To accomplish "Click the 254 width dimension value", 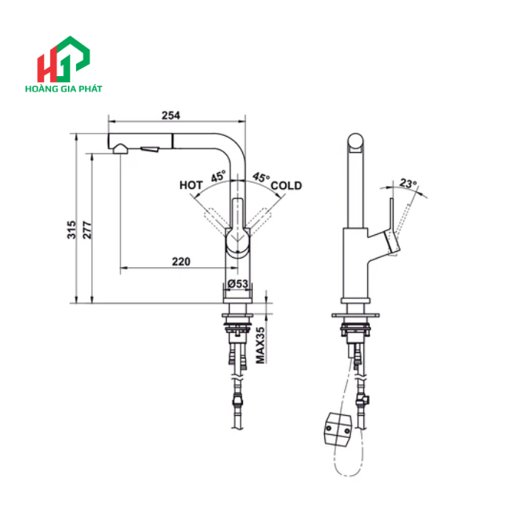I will (171, 114).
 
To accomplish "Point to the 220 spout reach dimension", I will (181, 261).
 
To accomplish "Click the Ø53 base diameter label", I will (237, 284).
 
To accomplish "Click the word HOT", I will (191, 185).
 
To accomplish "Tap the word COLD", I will (286, 185).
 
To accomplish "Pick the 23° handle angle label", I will (408, 182).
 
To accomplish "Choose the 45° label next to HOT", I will (218, 177).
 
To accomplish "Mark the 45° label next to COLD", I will (261, 177).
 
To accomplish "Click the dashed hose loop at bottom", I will (347, 465).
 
